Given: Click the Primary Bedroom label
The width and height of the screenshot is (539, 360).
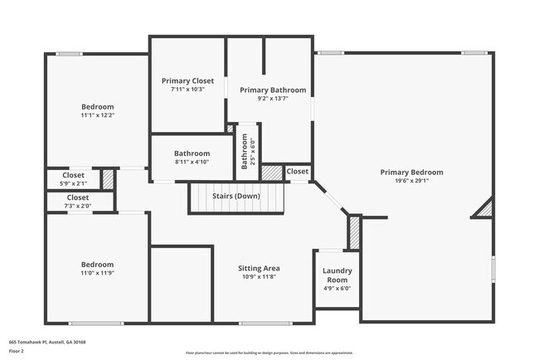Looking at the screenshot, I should pos(411,173).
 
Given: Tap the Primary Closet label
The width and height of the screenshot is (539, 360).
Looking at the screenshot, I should pos(187,80).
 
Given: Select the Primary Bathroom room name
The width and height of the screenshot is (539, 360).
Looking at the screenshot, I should pos(273,90).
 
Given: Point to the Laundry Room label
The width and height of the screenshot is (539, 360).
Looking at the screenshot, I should pos(337,275).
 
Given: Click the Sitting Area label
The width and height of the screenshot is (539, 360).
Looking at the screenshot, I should pos(259,268).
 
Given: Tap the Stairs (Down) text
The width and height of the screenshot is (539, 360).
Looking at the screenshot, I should pos(236,196).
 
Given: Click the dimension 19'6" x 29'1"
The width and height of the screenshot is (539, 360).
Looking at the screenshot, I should pos(411,182).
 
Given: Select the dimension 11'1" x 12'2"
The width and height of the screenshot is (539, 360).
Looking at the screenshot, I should pos(97,115).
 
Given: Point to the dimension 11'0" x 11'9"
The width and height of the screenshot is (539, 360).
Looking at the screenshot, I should pos(97,273).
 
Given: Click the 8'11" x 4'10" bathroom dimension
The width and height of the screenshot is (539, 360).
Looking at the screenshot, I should pos(192,162).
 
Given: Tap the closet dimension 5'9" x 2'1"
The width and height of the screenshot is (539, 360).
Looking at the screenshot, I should pos(73,182).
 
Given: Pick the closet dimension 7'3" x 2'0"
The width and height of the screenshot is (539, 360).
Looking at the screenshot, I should pos(77,206).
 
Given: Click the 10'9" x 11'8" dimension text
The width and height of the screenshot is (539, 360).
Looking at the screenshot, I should pos(259,277).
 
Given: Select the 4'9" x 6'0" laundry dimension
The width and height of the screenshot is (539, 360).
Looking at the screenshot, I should pos(337,289).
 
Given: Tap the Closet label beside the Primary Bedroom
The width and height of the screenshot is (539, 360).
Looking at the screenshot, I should pos(297,172).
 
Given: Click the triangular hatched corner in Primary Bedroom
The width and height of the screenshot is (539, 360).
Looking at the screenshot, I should pos(485,210).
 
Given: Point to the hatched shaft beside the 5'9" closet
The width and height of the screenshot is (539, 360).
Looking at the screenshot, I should pos(107,178).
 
